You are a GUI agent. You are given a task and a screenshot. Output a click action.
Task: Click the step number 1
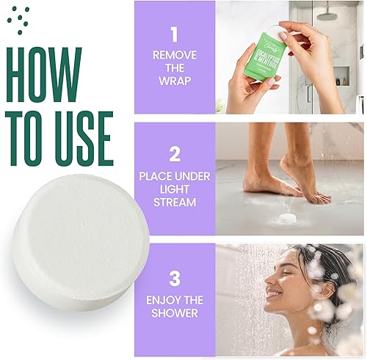174,34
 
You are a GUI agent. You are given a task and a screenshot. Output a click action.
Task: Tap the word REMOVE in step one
174,55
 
